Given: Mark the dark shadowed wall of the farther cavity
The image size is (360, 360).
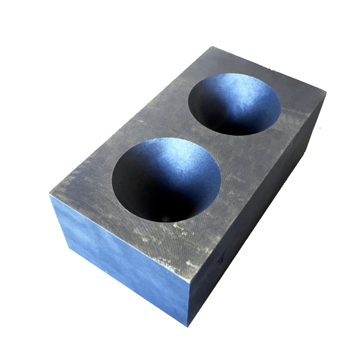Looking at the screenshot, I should pos(213,111).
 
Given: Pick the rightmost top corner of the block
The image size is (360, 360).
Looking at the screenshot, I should pos(326,93).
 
